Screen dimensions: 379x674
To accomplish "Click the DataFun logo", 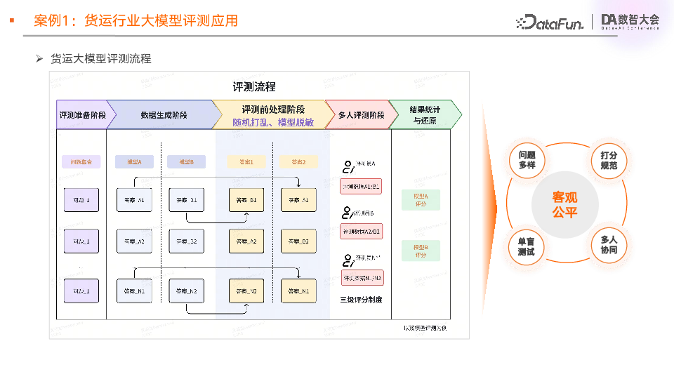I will (550, 22).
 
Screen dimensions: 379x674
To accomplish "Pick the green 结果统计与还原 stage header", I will (425, 114).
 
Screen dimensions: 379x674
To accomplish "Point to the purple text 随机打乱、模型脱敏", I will (273, 122).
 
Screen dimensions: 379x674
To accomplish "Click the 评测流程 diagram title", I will (254, 87).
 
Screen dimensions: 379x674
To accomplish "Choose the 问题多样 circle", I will (527, 159).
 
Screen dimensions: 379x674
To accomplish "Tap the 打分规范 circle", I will (609, 159).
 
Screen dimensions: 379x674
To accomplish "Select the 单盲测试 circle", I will (527, 246).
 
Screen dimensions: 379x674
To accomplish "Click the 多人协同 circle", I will (609, 245).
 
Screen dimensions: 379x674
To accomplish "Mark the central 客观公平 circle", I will (565, 204).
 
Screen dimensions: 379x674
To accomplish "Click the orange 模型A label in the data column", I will (134, 161).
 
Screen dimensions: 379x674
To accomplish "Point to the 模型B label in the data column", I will (186, 161).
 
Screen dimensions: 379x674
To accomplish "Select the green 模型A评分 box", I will (421, 199).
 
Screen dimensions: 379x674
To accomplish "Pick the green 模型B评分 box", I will (421, 251).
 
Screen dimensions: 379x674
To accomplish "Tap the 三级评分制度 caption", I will (361, 300).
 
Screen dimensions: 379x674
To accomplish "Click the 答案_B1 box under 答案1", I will (247, 200).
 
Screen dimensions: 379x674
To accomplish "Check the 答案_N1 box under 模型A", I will (134, 291).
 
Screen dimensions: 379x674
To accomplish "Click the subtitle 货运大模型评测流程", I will (101, 59).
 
